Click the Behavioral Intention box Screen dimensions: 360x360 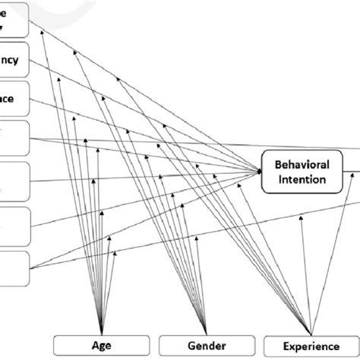(301, 172)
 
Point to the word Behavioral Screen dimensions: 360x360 (301, 165)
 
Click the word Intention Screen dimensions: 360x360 (301, 180)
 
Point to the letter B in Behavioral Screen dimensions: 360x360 (273, 165)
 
